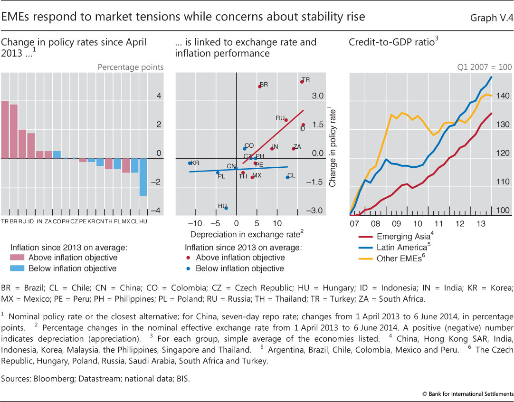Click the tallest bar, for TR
click(5, 129)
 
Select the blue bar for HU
click(143, 177)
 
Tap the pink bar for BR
click(14, 131)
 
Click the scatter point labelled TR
click(302, 82)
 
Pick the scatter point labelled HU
click(226, 208)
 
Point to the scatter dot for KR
click(190, 163)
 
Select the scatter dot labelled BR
click(260, 86)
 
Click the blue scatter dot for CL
click(287, 177)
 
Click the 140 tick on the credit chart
click(503, 96)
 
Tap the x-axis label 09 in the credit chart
click(396, 223)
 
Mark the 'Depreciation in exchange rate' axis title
click(245, 234)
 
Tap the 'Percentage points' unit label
click(131, 67)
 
